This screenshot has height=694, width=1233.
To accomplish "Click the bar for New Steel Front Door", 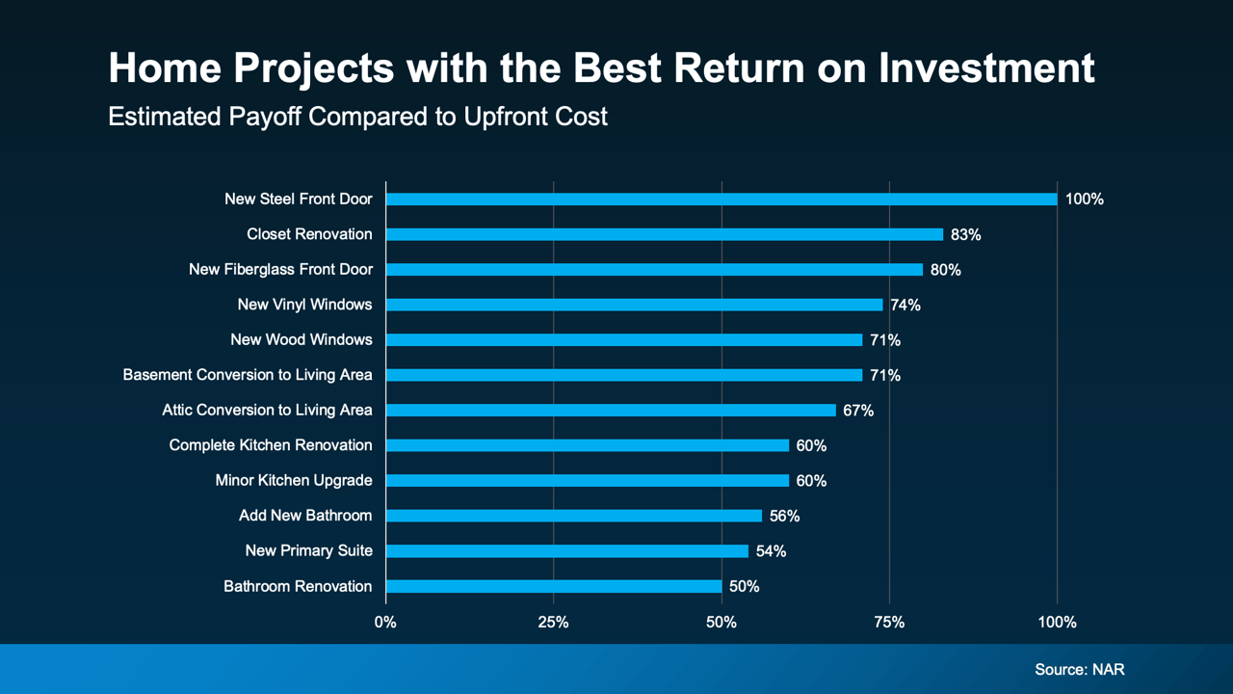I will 721,200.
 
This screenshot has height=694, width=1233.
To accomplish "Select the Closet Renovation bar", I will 665,234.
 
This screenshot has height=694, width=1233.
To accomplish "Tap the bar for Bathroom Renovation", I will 554,586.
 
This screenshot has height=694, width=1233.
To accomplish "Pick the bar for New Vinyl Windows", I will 634,305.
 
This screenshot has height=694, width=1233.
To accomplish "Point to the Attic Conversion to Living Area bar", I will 611,410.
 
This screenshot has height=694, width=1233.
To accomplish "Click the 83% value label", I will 965,234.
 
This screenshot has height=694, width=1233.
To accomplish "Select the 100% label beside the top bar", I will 1084,200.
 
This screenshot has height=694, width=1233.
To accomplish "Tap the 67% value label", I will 858,411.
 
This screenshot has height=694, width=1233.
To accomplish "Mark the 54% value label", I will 771,551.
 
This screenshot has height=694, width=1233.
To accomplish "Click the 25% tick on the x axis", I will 553,623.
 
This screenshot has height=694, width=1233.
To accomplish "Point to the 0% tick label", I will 385,623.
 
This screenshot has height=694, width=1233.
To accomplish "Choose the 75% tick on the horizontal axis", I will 889,623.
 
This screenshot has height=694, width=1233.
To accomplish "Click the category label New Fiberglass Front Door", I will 280,270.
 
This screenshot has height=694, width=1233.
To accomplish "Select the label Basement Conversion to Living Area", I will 248,375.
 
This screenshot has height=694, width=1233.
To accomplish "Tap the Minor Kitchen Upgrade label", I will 294,480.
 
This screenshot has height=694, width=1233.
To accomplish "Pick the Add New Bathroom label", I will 305,516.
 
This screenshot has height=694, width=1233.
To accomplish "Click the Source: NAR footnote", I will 1079,669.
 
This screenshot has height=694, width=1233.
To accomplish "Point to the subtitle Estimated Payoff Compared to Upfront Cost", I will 357,117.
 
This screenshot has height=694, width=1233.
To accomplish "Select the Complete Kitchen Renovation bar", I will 588,445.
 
